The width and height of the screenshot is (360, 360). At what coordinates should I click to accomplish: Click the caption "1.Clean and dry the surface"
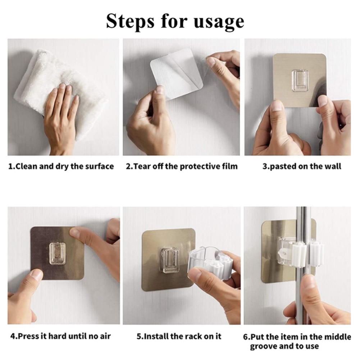click(61, 166)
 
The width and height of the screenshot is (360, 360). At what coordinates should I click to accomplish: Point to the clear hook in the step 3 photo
click(300, 80)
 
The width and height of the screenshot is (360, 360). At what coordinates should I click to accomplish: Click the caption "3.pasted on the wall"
click(301, 166)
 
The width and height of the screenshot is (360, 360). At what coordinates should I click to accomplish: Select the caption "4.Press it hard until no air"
click(60, 336)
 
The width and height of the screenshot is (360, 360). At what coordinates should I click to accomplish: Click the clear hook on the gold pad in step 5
click(170, 260)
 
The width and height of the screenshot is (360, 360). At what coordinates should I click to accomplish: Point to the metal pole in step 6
click(304, 223)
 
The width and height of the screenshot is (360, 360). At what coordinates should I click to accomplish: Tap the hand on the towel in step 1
click(61, 115)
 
